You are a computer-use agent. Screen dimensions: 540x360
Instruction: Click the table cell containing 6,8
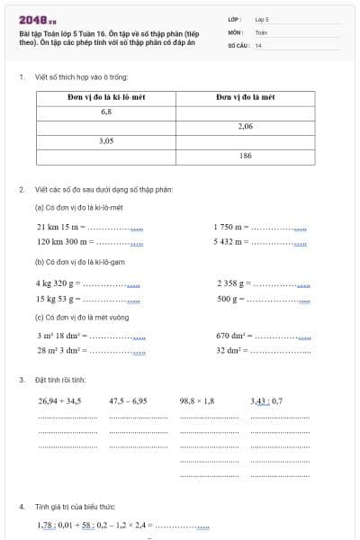pyautogui.click(x=107, y=112)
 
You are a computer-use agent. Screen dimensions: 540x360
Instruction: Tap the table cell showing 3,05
pyautogui.click(x=107, y=141)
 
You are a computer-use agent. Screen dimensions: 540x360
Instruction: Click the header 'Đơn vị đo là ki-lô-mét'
pyautogui.click(x=107, y=96)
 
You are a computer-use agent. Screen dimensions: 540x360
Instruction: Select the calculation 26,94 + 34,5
pyautogui.click(x=60, y=401)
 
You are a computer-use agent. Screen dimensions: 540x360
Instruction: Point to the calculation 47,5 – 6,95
pyautogui.click(x=128, y=401)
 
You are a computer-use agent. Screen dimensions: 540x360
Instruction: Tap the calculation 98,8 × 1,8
pyautogui.click(x=197, y=401)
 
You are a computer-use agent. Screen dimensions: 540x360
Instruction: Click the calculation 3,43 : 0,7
pyautogui.click(x=266, y=401)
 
